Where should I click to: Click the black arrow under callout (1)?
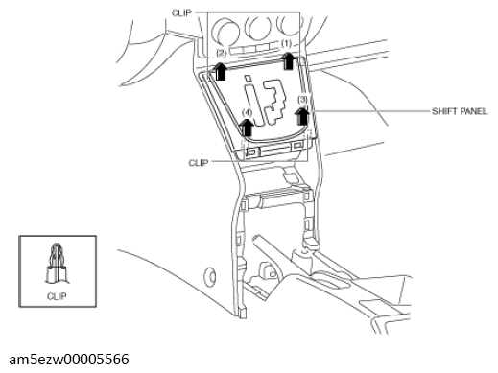point(288,60)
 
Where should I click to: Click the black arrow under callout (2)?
point(220,71)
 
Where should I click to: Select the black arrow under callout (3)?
point(302,116)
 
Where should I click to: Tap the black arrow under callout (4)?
point(247,127)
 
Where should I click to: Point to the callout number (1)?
point(286,43)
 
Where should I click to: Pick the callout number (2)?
point(222,52)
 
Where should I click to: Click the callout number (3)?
point(302,100)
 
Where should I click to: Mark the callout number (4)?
point(247,112)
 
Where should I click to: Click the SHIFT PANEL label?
point(460,111)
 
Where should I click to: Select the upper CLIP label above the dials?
point(181,13)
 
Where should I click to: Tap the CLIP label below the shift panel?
point(199,163)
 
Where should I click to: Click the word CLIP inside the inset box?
point(57,296)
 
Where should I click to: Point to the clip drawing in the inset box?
point(57,264)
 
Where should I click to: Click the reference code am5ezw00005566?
point(69,360)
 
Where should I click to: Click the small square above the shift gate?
point(248,78)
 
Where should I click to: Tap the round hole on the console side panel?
point(210,276)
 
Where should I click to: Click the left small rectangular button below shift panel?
point(252,152)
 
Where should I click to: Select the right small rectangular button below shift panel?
point(297,146)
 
